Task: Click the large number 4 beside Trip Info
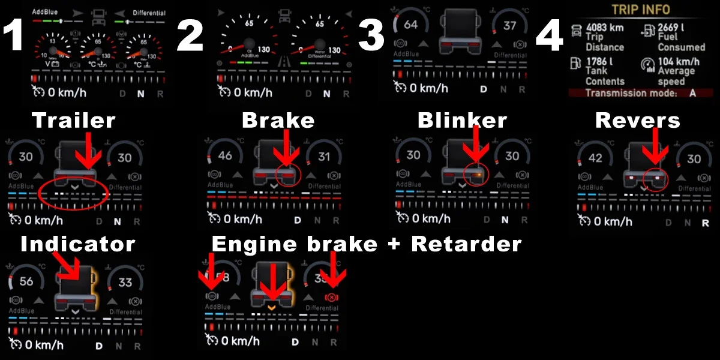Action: tap(549, 37)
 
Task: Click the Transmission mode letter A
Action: tap(693, 93)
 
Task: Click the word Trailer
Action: tap(73, 121)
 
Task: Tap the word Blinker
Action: tap(462, 121)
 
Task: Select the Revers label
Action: tap(637, 121)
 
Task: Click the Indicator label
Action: tap(77, 244)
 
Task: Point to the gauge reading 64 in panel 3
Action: tap(411, 25)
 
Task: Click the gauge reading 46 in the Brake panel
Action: tap(226, 156)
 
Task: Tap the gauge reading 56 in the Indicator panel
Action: tap(26, 282)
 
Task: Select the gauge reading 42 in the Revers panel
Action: tap(596, 159)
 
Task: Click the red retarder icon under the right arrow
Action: tap(329, 298)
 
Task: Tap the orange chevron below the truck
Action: tap(271, 307)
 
